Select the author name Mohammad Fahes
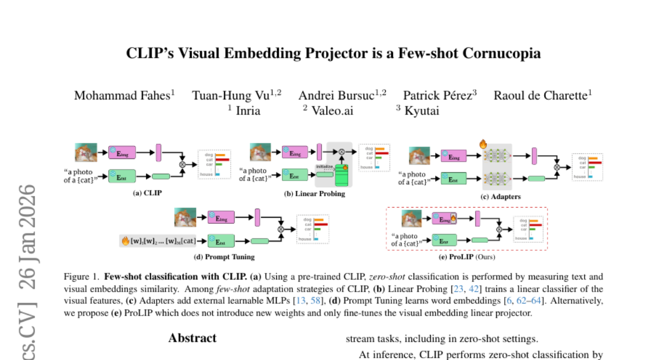tap(122, 95)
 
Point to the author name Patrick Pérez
tap(438, 95)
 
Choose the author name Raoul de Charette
tap(541, 95)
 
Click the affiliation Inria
tap(248, 111)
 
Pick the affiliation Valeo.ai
tap(332, 111)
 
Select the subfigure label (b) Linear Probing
tap(315, 193)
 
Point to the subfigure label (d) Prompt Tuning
tap(224, 257)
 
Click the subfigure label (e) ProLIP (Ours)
tap(467, 257)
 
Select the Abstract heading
tap(192, 338)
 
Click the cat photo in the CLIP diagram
tap(86, 152)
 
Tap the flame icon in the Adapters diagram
tap(482, 144)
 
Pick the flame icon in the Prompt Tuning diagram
tap(125, 241)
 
